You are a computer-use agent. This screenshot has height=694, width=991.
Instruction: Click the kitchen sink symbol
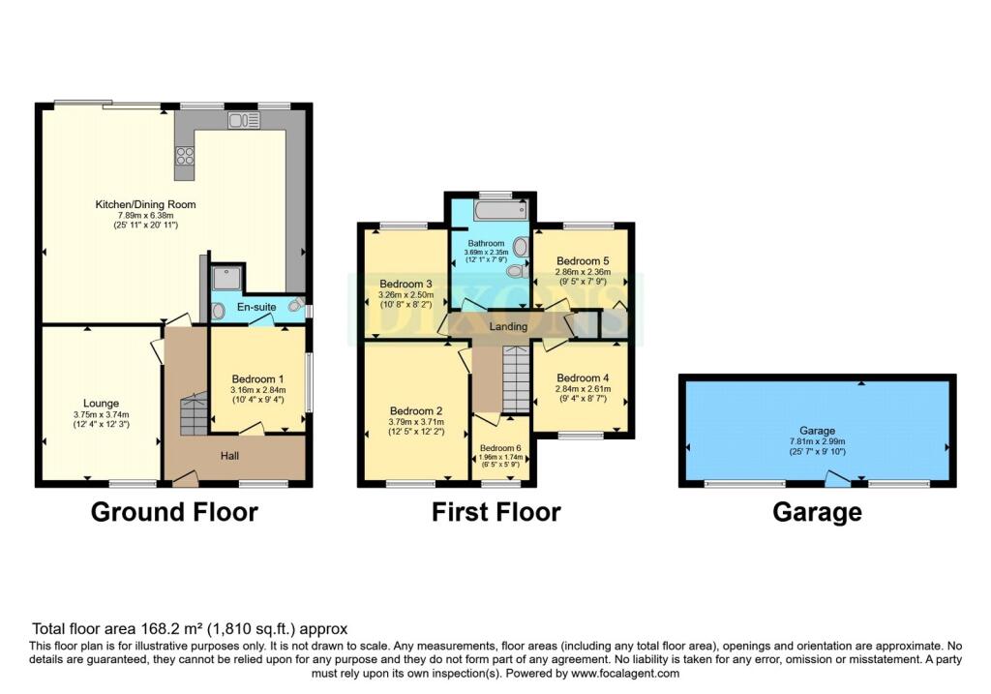pyautogui.click(x=244, y=120)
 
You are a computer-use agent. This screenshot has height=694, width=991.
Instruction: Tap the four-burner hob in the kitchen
pyautogui.click(x=185, y=155)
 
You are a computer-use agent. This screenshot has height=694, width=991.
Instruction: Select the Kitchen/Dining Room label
pyautogui.click(x=145, y=204)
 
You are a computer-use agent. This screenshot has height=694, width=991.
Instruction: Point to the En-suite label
pyautogui.click(x=256, y=307)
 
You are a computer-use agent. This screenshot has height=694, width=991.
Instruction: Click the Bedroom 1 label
pyautogui.click(x=257, y=379)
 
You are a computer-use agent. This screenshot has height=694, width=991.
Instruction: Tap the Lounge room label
pyautogui.click(x=101, y=404)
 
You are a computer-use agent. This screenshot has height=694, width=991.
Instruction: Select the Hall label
pyautogui.click(x=229, y=456)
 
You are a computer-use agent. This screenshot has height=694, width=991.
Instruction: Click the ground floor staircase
pyautogui.click(x=194, y=414)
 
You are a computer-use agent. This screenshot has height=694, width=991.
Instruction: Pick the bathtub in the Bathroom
pyautogui.click(x=500, y=210)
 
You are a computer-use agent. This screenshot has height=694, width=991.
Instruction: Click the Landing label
pyautogui.click(x=508, y=327)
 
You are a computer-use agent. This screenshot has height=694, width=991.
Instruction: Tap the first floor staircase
pyautogui.click(x=517, y=378)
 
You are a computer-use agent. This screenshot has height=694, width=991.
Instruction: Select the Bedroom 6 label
pyautogui.click(x=500, y=448)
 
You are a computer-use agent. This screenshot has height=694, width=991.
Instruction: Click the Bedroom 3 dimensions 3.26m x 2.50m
pyautogui.click(x=405, y=295)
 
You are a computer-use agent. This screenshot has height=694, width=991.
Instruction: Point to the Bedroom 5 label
pyautogui.click(x=583, y=261)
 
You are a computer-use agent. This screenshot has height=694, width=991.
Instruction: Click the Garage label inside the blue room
pyautogui.click(x=817, y=431)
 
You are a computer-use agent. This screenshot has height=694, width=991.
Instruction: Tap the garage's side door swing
pyautogui.click(x=838, y=478)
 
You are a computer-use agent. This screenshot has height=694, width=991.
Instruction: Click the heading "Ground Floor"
pyautogui.click(x=174, y=512)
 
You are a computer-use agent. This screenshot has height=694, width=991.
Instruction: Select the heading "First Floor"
pyautogui.click(x=496, y=512)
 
